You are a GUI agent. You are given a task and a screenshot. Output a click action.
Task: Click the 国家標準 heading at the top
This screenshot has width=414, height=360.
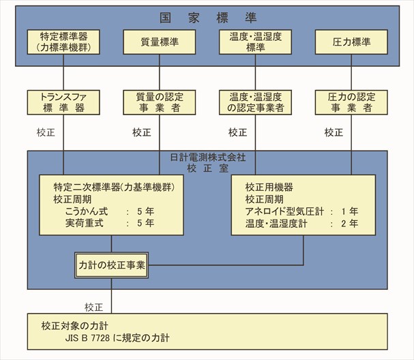(x=208, y=18)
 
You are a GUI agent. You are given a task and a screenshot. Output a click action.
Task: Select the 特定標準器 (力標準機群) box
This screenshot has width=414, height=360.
(x=63, y=42)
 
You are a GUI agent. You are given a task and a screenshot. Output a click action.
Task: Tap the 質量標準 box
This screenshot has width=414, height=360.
(x=160, y=42)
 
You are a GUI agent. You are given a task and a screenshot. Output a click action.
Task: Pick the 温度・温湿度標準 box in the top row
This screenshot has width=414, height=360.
(x=255, y=42)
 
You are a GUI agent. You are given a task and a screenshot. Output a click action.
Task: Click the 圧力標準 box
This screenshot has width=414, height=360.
(x=351, y=42)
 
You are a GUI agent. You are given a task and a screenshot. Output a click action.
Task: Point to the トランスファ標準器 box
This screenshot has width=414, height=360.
(x=63, y=102)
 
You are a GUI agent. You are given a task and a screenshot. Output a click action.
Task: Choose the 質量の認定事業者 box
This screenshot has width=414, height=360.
(x=160, y=102)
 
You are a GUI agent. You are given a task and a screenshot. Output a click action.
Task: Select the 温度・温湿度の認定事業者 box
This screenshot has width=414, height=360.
(x=255, y=102)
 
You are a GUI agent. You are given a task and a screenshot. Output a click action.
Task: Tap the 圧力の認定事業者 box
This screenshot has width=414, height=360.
(x=351, y=102)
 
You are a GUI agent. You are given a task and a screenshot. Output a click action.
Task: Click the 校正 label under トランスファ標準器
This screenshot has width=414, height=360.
(x=46, y=132)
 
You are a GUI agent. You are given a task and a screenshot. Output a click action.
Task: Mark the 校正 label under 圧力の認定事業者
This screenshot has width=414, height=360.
(x=334, y=132)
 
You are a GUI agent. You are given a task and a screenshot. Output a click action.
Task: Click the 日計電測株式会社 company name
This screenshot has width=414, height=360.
(x=208, y=157)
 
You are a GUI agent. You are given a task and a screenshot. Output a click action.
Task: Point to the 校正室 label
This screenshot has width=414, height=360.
(x=208, y=168)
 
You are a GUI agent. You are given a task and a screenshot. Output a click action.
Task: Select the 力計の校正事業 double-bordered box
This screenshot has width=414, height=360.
(x=111, y=265)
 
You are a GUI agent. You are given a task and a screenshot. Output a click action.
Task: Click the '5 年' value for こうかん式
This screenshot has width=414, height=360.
(x=145, y=211)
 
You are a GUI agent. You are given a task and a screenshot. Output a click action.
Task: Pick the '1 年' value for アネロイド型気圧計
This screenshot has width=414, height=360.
(x=350, y=211)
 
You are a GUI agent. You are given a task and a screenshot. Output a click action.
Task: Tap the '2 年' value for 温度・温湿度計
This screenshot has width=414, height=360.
(x=350, y=224)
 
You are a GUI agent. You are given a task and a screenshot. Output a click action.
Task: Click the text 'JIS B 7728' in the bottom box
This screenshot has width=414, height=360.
(x=87, y=338)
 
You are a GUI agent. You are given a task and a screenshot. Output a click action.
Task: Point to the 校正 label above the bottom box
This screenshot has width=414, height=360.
(x=93, y=307)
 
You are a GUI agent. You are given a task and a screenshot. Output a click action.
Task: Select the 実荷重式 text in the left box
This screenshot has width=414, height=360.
(x=85, y=223)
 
